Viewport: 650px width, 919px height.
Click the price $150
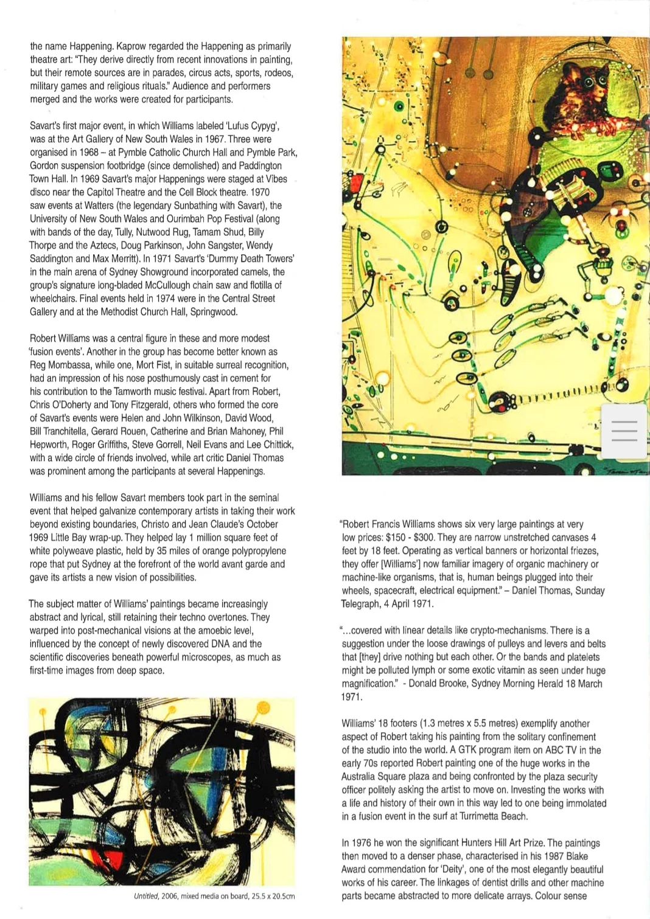click(398, 538)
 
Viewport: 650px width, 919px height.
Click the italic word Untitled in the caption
click(146, 896)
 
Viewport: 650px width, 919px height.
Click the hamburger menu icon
click(624, 431)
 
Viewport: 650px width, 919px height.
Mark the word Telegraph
click(361, 604)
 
